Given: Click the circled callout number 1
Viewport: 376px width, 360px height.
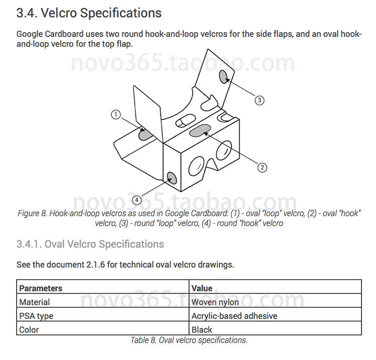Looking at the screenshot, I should click(116, 115).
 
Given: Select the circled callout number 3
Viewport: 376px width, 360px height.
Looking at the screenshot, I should click(259, 100).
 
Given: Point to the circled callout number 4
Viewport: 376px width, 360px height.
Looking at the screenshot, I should click(137, 200).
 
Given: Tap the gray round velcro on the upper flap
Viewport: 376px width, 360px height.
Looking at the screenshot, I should click(224, 76).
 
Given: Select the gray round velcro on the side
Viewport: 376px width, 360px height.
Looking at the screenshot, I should click(171, 177).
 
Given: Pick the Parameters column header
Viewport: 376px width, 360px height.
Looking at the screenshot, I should click(41, 288).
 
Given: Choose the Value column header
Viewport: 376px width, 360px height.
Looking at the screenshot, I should click(202, 288).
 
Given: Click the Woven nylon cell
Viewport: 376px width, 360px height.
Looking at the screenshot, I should click(215, 302).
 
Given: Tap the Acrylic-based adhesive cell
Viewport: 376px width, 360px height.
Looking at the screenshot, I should click(234, 316).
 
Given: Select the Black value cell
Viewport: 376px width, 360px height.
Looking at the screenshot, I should click(202, 329).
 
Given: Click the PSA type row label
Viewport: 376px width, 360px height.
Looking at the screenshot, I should click(36, 316).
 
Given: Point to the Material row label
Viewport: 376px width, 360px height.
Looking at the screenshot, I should click(35, 302).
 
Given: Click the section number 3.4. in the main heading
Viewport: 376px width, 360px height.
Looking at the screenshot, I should click(27, 14).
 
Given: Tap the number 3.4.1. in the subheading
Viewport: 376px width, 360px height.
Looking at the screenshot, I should click(29, 244).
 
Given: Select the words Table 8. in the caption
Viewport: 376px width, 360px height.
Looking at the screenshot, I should click(144, 340).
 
